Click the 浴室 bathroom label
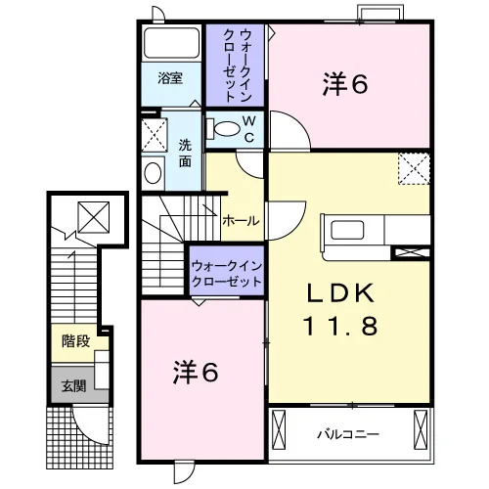coord(170,78)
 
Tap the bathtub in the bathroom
coord(171,43)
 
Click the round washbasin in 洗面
coord(153,173)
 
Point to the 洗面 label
coord(185,154)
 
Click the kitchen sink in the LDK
coord(347,230)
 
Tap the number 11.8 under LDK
coord(340,326)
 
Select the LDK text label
coord(340,292)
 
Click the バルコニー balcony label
coord(348,434)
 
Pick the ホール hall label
coord(241,221)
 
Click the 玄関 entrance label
coord(74,386)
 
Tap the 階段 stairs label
coord(75,341)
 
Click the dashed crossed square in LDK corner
coord(414,168)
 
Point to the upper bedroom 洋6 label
coord(345,84)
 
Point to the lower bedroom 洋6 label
coord(196,373)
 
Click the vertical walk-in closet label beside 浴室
coord(236,66)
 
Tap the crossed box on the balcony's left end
coord(279,429)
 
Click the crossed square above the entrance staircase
coord(94,217)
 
